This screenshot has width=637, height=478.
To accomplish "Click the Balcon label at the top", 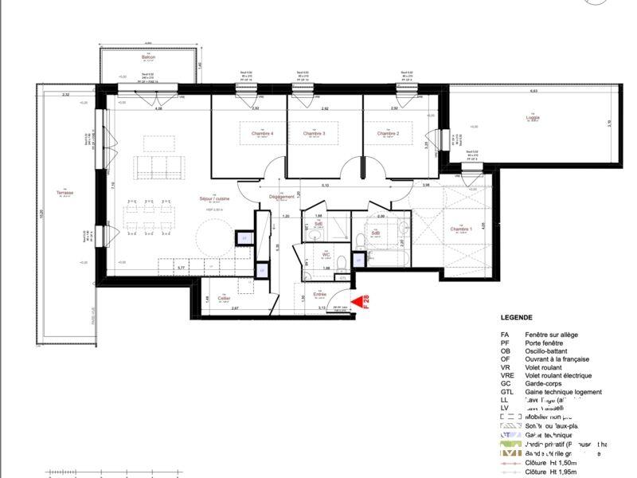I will pos(148,57).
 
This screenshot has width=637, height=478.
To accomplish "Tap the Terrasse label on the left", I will pos(65,193).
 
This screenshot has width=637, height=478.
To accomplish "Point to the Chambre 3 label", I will pos(314,133).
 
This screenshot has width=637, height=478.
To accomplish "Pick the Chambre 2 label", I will pos(388,133).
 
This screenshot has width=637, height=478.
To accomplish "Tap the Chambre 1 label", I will pos(461,229).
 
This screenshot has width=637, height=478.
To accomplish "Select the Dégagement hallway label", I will pos(282,197).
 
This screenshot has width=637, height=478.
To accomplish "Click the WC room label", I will pos(326,255).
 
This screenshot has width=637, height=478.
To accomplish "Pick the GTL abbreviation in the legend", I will pos(506,392).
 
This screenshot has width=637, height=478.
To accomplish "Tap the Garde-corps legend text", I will pos(544,384).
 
